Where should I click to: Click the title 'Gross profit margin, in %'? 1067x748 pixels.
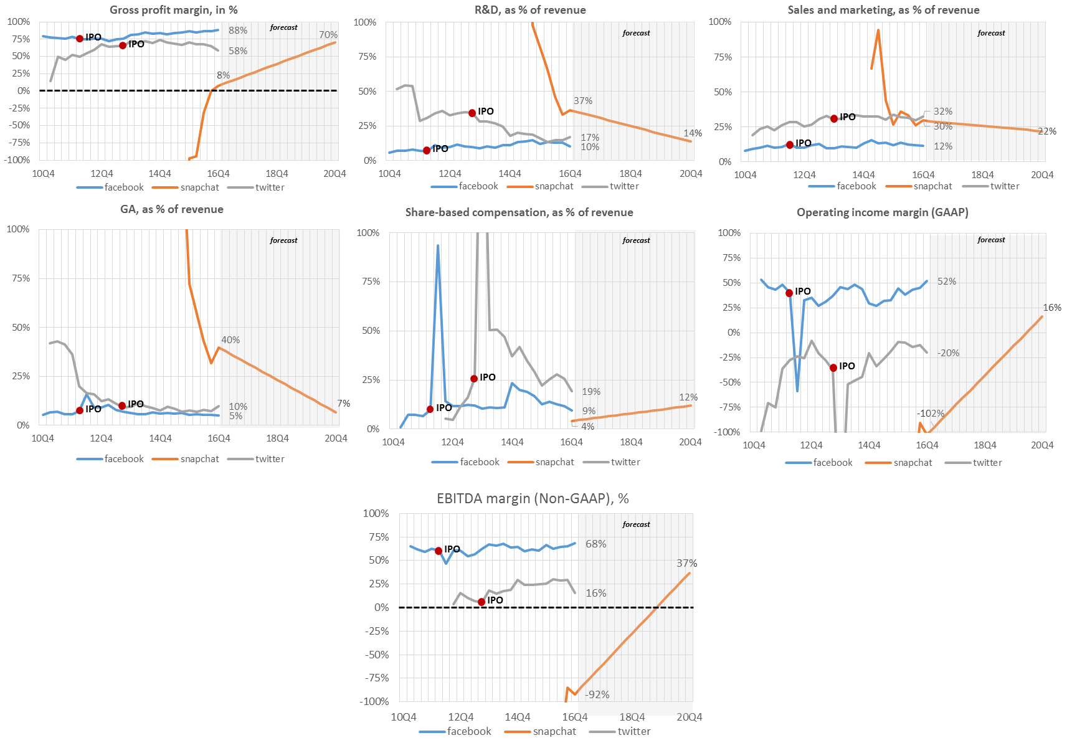tap(173, 10)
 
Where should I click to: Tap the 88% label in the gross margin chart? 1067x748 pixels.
tap(237, 31)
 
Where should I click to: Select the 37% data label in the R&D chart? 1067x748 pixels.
tap(583, 101)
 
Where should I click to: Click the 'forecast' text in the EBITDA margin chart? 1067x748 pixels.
tap(636, 524)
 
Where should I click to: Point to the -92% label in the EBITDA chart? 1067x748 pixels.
tap(597, 694)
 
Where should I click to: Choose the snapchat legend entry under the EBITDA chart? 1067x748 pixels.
tap(554, 731)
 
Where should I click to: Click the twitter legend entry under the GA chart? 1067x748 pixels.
tap(269, 459)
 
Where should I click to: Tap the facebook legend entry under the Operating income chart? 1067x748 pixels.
tap(832, 463)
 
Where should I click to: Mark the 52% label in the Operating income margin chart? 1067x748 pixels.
tap(946, 282)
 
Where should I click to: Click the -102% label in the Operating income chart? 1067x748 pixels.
tap(930, 414)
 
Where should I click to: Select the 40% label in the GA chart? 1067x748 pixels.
tap(230, 340)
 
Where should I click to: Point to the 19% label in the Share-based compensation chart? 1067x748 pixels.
tap(591, 392)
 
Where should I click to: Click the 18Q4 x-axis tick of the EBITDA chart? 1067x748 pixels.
tap(632, 717)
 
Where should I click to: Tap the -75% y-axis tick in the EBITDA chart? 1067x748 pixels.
tap(376, 678)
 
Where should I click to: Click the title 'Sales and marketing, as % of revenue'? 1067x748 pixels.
tap(883, 10)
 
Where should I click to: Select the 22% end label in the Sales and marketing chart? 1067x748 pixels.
tap(1046, 131)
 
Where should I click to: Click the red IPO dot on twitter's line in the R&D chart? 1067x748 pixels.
tap(472, 113)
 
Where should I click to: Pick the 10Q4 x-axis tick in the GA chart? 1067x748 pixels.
tap(43, 438)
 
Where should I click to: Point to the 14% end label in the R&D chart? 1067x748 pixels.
tap(692, 133)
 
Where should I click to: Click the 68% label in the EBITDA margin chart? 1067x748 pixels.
tap(595, 544)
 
